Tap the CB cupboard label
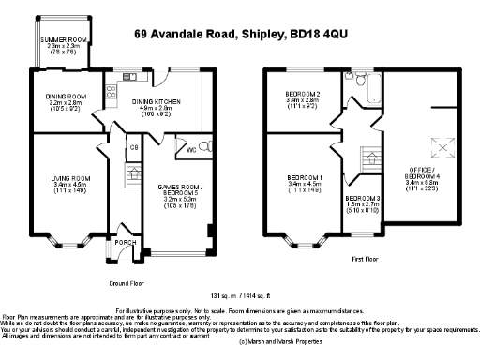coord(134,147)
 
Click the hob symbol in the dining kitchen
coord(112,92)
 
